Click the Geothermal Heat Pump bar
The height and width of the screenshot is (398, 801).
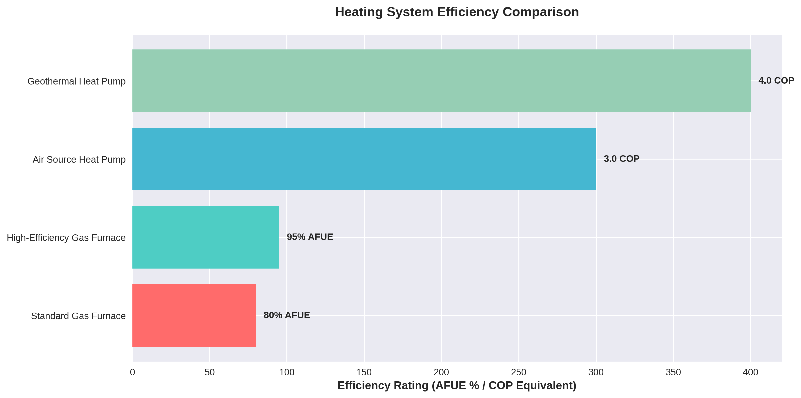pos(441,81)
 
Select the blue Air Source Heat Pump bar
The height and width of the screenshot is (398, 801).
pos(364,159)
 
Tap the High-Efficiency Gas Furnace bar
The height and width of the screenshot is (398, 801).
pos(205,237)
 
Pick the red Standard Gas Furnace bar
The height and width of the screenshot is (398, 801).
pos(194,315)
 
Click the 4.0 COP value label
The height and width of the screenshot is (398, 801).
pos(776,80)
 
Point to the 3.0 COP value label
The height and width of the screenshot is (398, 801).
pos(621,159)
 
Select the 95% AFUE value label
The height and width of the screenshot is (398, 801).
pos(310,237)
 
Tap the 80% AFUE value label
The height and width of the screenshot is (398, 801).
pos(287,315)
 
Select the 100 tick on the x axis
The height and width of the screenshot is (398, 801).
pos(287,372)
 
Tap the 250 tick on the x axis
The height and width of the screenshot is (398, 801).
pos(519,372)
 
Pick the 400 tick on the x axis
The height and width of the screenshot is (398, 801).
pos(750,372)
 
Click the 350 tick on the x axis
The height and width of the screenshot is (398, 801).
pos(673,372)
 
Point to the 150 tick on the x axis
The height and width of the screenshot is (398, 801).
pos(364,372)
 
